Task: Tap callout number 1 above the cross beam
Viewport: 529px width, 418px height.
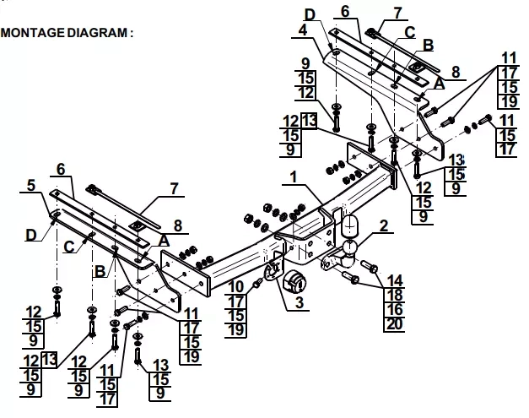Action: pos(294,177)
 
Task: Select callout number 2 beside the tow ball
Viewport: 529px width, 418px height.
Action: pos(384,225)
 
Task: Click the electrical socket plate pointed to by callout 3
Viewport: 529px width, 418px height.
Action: pos(271,272)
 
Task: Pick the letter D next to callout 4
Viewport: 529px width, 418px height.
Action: pos(310,14)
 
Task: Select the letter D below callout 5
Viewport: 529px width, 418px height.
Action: pos(30,235)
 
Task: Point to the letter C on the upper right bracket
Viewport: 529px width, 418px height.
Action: pos(409,32)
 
